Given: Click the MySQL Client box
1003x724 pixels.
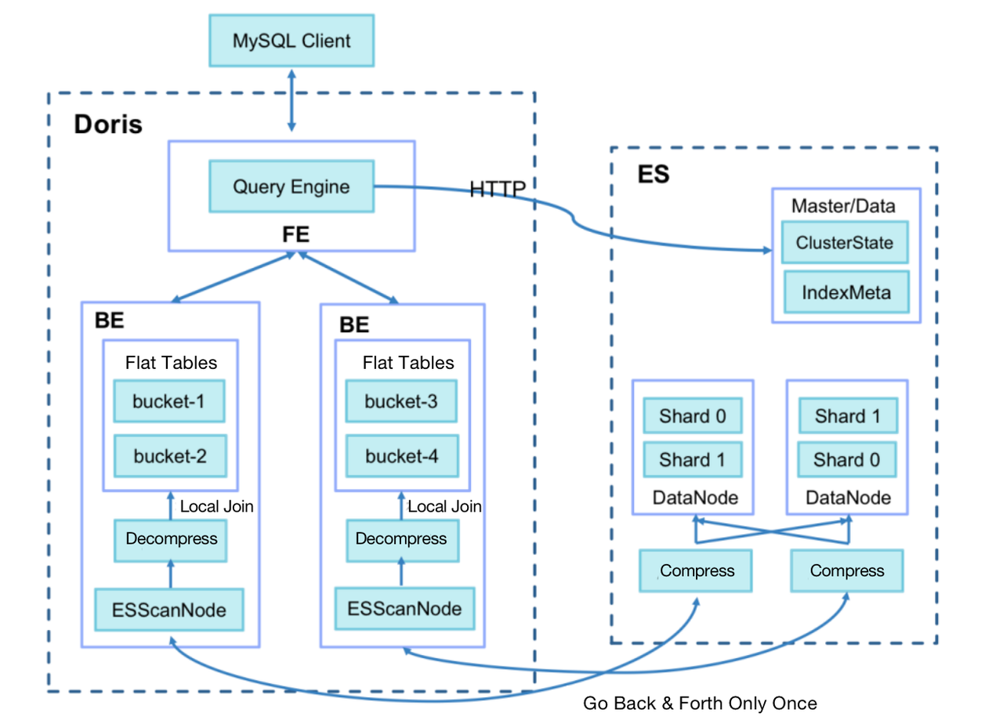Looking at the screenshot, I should point(291,40).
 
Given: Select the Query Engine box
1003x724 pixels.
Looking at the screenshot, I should point(291,186).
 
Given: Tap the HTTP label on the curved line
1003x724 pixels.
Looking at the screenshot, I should point(497,188).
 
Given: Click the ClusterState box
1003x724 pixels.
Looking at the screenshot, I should point(844,242).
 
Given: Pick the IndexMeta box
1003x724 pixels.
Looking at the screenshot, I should point(845,292).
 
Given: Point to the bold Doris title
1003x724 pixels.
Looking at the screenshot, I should point(108,124).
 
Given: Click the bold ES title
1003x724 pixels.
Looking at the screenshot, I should point(653,174).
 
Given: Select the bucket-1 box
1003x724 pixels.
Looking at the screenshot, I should point(169,402).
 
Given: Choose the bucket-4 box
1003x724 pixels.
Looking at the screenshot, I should point(401,454).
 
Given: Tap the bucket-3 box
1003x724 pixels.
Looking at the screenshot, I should point(401,402).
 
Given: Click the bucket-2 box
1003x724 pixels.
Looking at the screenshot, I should point(169,455).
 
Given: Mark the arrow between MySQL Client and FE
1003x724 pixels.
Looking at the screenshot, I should point(291,99).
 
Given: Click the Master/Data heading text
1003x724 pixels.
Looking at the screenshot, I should point(842,206).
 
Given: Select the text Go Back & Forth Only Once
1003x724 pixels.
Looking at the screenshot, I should point(699,703).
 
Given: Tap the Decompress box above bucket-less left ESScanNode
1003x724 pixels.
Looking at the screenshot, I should point(171,540).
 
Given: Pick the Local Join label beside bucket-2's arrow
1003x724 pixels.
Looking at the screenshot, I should point(216,506).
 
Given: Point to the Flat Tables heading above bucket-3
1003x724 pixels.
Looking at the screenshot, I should point(407,363).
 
